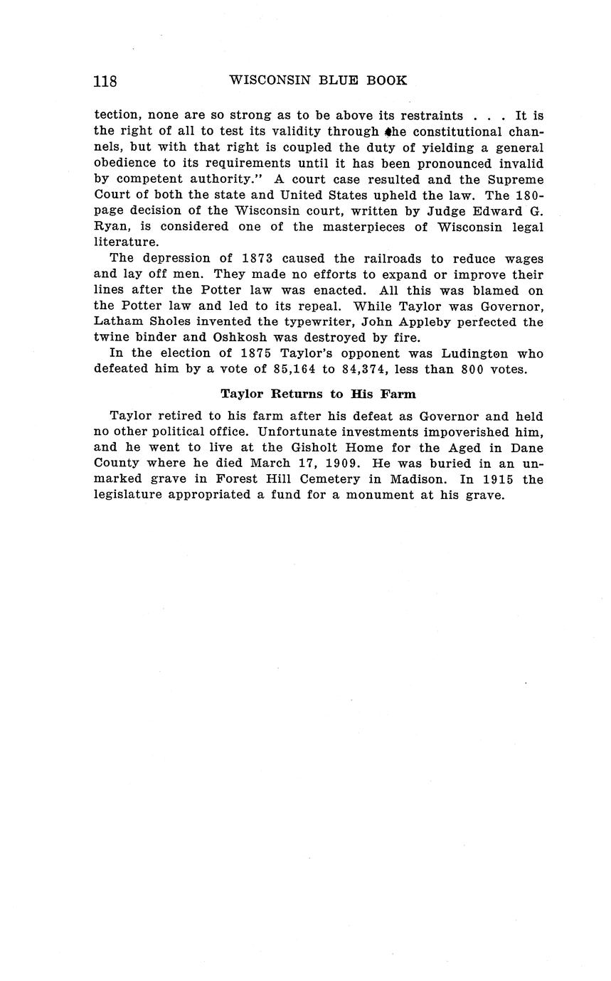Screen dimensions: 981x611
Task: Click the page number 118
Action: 105,81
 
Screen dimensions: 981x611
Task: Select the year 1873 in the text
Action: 253,259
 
